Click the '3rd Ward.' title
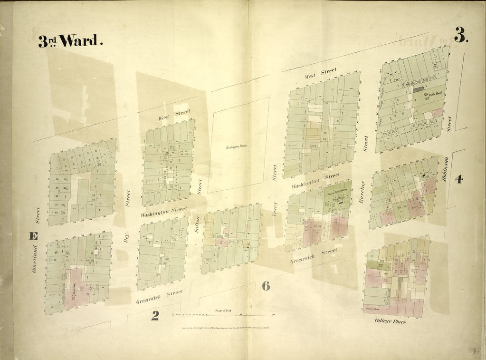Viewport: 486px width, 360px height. tap(70, 41)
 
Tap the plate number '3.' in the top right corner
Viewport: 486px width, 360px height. tap(460, 35)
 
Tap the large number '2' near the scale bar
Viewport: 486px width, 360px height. tap(155, 315)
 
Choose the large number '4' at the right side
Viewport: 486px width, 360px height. tap(458, 179)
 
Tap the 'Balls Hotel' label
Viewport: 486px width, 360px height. tap(435, 95)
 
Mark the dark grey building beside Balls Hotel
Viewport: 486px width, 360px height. tap(418, 89)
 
